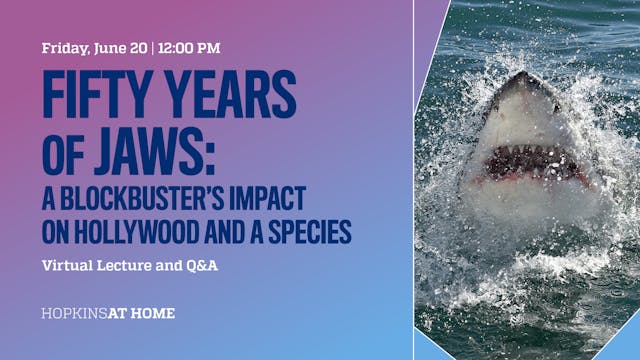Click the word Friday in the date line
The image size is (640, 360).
pos(67,47)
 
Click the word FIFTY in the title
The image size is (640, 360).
pos(92,96)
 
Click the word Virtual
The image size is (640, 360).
pos(69,267)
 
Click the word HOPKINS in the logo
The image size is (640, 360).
pos(73,314)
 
